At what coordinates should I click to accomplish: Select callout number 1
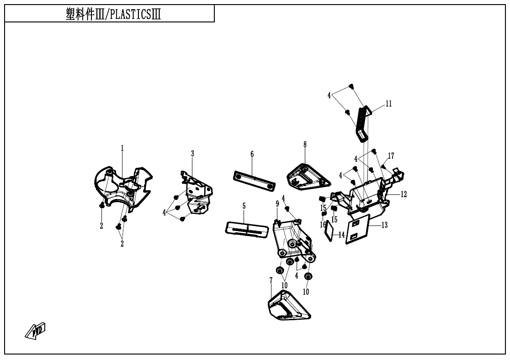[122, 148]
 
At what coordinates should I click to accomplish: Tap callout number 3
[192, 154]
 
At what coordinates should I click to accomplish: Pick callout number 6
[252, 154]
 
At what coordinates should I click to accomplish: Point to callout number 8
[305, 144]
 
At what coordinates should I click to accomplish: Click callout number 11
[388, 104]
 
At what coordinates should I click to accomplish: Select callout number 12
[404, 194]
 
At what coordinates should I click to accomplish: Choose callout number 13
[384, 225]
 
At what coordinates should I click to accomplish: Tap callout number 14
[342, 235]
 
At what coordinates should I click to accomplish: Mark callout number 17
[391, 156]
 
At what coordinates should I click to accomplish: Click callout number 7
[271, 280]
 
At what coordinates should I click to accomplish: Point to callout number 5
[244, 206]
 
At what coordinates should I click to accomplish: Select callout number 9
[277, 203]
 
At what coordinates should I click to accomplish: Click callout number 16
[323, 225]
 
